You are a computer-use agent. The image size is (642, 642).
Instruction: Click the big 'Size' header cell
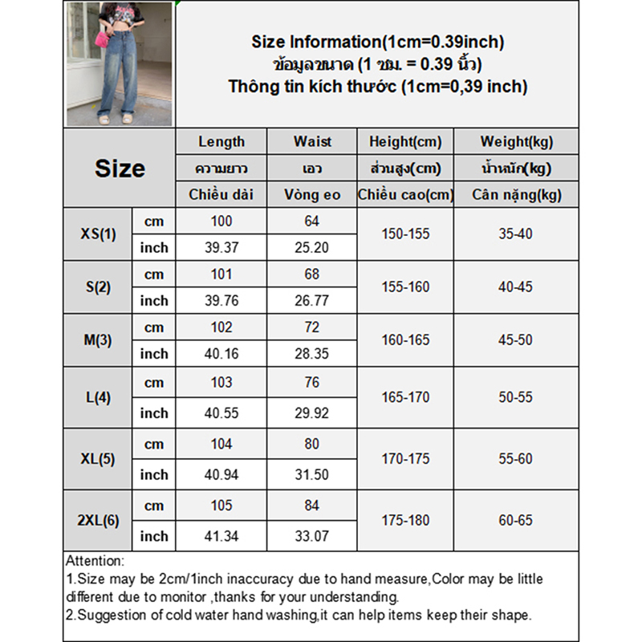[x=120, y=169]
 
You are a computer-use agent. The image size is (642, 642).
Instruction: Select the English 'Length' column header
[x=221, y=142]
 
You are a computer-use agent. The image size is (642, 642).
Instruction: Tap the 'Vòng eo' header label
[x=312, y=194]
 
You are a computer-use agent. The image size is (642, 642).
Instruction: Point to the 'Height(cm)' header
[x=405, y=142]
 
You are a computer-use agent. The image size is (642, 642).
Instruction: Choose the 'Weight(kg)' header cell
[x=516, y=142]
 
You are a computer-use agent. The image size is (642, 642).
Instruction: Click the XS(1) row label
[x=99, y=234]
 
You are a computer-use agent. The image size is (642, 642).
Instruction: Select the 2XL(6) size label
[x=99, y=520]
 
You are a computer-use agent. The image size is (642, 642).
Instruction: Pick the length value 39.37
[x=221, y=248]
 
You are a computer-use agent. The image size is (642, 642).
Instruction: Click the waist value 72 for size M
[x=312, y=327]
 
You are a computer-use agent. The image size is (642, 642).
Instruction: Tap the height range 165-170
[x=405, y=397]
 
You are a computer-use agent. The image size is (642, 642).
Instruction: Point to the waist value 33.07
[x=312, y=536]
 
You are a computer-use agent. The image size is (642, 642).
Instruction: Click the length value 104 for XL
[x=221, y=444]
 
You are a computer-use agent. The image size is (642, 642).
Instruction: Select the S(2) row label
[x=99, y=286]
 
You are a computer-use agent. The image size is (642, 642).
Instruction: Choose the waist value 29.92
[x=312, y=413]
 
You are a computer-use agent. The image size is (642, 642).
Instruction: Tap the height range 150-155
[x=405, y=234]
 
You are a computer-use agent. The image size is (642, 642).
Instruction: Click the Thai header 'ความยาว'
[x=221, y=169]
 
